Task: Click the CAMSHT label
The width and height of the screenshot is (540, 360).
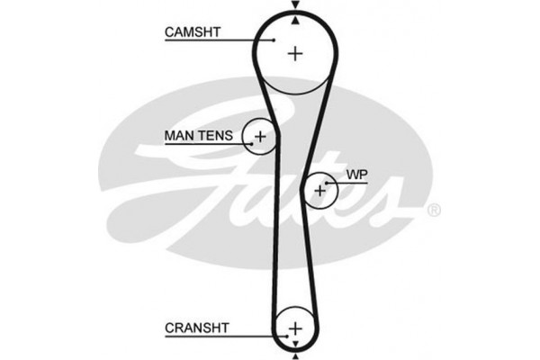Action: [193, 32]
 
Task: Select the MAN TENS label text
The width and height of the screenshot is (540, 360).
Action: [198, 136]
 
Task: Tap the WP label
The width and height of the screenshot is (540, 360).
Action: [356, 174]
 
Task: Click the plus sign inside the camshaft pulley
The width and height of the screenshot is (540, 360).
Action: [295, 53]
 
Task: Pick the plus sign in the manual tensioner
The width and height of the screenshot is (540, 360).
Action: [260, 137]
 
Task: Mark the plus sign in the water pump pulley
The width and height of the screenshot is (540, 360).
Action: [320, 190]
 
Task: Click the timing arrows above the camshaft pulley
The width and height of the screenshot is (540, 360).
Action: [295, 9]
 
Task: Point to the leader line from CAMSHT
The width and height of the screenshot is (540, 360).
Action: [243, 40]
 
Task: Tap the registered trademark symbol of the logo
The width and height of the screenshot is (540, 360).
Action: [433, 211]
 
